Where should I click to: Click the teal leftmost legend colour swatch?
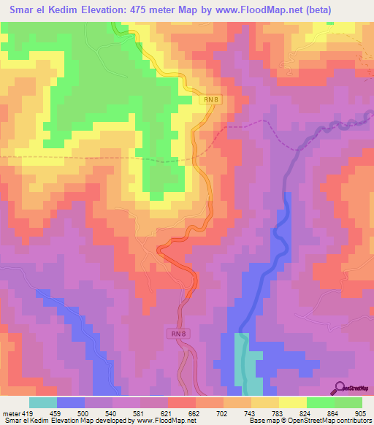(43, 402)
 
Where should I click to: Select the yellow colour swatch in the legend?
(292, 402)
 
